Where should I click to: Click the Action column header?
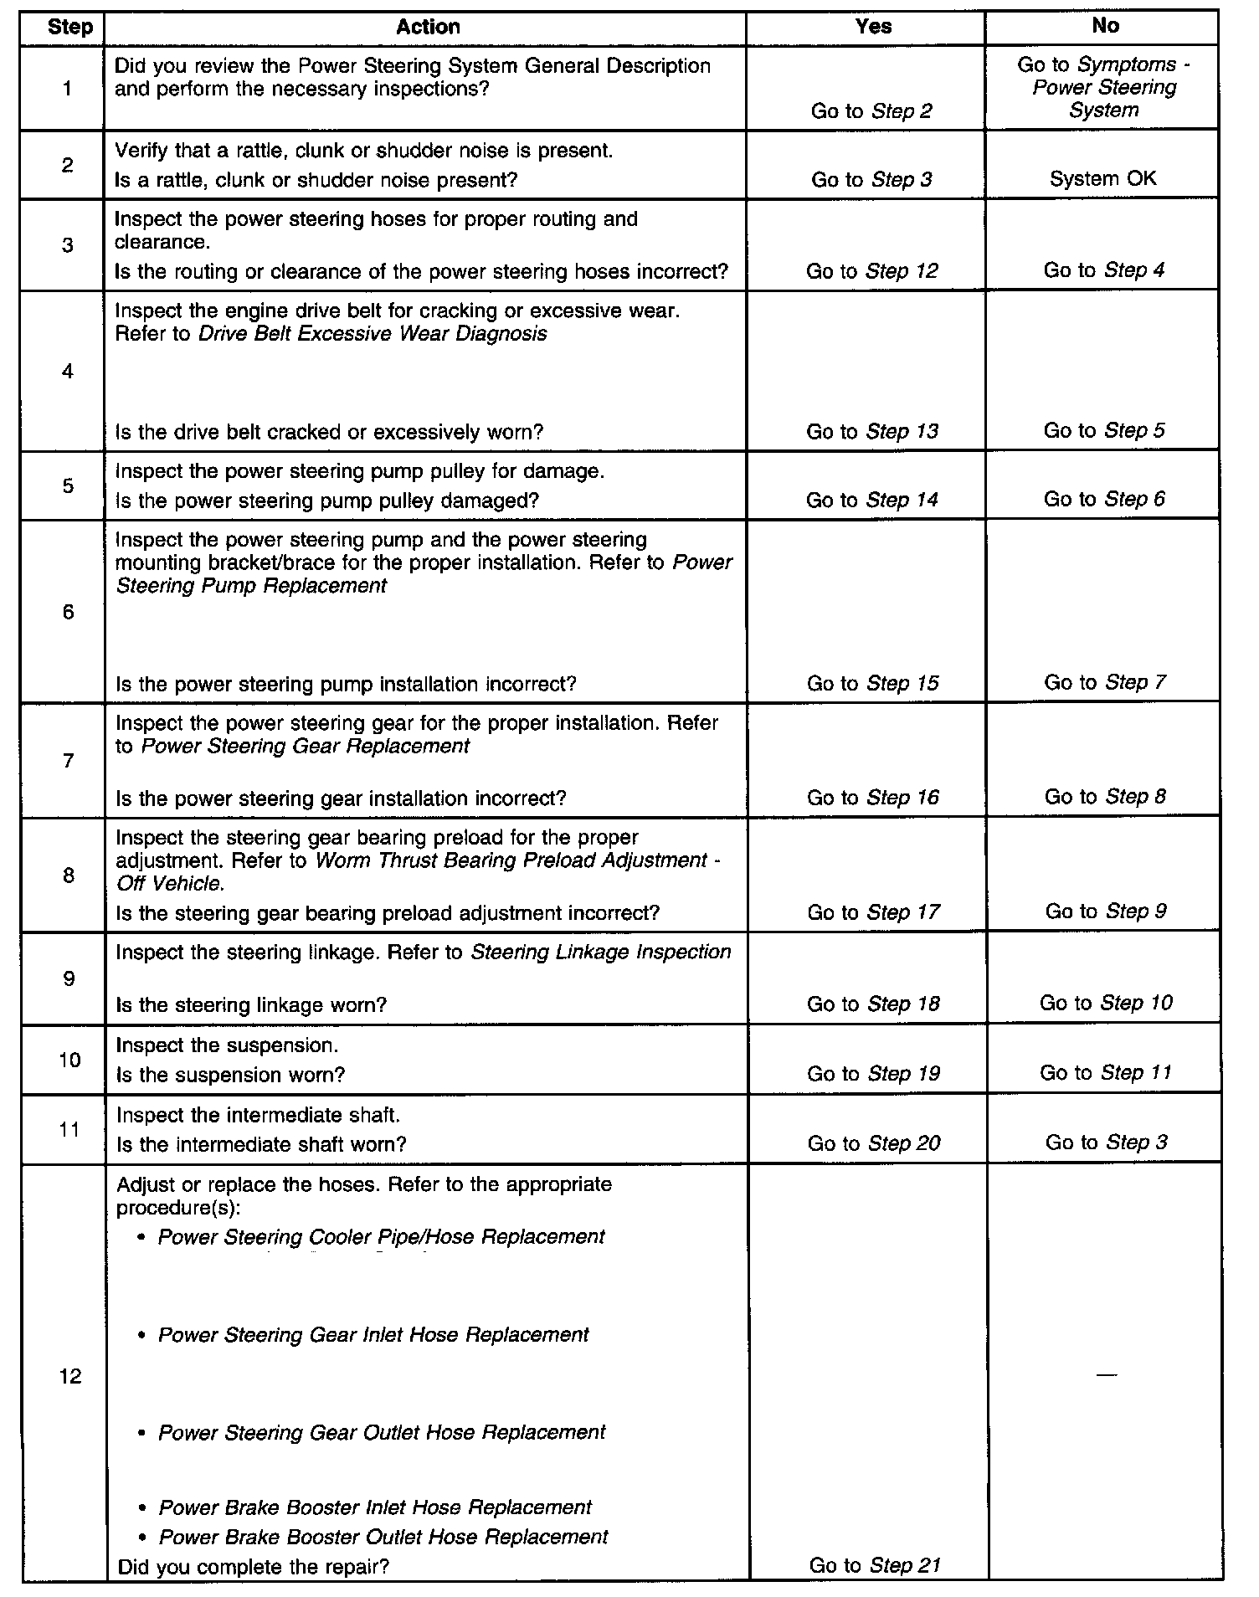click(428, 27)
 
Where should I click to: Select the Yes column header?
click(873, 27)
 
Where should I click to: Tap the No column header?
click(1105, 26)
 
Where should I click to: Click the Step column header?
click(70, 27)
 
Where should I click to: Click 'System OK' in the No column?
click(1103, 178)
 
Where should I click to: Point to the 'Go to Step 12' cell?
click(872, 271)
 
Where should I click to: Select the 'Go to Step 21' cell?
click(875, 1565)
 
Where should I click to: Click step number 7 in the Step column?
click(69, 761)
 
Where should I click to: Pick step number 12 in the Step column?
click(70, 1376)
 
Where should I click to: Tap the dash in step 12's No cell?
click(1106, 1375)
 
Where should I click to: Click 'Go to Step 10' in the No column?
click(1106, 1003)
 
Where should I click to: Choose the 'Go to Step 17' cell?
click(873, 912)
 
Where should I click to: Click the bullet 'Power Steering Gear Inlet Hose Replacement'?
click(373, 1335)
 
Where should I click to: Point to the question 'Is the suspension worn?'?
click(230, 1075)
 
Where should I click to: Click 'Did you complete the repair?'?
click(254, 1566)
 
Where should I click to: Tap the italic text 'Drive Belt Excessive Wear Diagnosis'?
click(373, 334)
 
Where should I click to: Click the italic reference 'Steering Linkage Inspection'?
click(601, 953)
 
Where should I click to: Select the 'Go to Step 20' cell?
click(874, 1143)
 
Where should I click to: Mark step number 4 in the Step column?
click(68, 372)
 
